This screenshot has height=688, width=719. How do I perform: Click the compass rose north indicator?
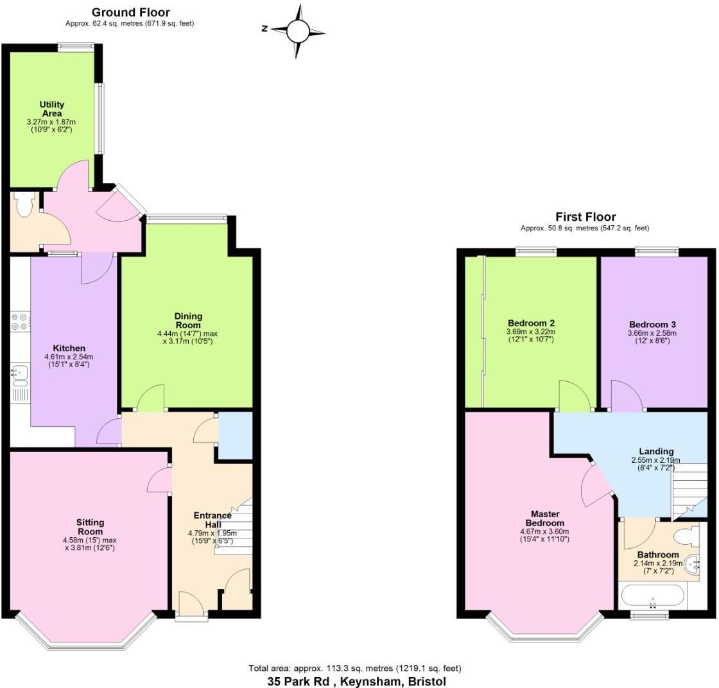pyautogui.click(x=264, y=28)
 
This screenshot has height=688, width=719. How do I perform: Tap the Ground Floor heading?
pyautogui.click(x=131, y=12)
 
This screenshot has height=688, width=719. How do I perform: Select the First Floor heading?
pyautogui.click(x=585, y=217)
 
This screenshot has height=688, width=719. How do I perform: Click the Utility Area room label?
pyautogui.click(x=51, y=108)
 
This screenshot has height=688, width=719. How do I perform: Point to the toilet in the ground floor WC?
pyautogui.click(x=25, y=206)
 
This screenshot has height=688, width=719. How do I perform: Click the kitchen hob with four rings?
pyautogui.click(x=19, y=321)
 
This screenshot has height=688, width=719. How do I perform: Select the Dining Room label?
pyautogui.click(x=188, y=320)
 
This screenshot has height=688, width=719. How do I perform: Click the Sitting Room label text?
pyautogui.click(x=90, y=527)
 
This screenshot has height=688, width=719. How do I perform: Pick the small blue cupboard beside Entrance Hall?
pyautogui.click(x=235, y=436)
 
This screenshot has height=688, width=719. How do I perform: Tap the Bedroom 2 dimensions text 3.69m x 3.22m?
pyautogui.click(x=531, y=332)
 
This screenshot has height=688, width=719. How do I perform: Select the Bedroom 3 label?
pyautogui.click(x=652, y=324)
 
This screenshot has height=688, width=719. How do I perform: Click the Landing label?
pyautogui.click(x=656, y=451)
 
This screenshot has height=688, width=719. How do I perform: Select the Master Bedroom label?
pyautogui.click(x=545, y=519)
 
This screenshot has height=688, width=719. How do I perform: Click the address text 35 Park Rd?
pyautogui.click(x=302, y=682)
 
